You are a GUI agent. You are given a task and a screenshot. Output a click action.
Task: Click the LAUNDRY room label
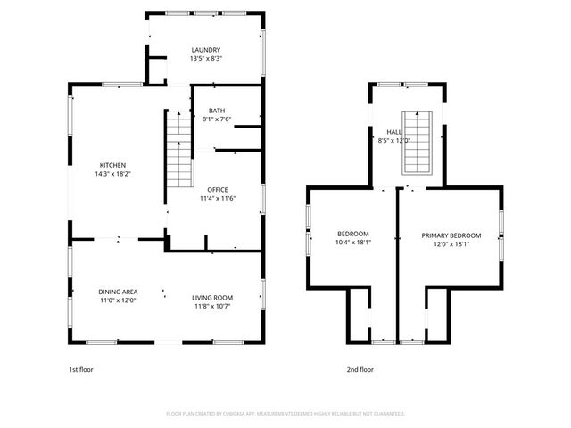coord(205,50)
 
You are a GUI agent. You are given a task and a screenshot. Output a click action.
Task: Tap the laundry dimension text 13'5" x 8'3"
coord(205,59)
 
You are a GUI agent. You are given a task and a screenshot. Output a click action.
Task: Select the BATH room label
coord(217,110)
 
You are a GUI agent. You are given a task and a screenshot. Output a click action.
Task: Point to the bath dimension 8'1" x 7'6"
coord(217,119)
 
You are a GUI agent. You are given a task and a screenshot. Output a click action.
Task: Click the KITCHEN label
coord(112,165)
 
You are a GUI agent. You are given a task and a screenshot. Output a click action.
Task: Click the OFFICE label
coord(217,190)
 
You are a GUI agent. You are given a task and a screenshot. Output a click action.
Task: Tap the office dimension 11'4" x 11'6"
coord(217,199)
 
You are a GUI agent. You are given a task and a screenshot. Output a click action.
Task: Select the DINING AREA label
coord(117,292)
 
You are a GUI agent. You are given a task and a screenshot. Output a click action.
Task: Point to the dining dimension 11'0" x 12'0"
coord(117,300)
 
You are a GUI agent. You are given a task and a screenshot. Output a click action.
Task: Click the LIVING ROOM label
coord(212,297)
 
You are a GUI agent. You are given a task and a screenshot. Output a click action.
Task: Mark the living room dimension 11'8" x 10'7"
coord(212,306)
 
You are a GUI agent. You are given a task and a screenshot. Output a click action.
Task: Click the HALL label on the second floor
coord(393,131)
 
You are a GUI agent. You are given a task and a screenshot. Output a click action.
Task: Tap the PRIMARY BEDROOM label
coord(451,235)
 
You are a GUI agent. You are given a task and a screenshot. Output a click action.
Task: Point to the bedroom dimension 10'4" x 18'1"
coord(353,242)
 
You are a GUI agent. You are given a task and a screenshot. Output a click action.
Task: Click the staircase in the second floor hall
coord(417,143)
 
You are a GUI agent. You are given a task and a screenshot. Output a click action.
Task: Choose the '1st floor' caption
coord(81,368)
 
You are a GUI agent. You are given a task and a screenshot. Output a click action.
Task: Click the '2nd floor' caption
coord(360,368)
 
